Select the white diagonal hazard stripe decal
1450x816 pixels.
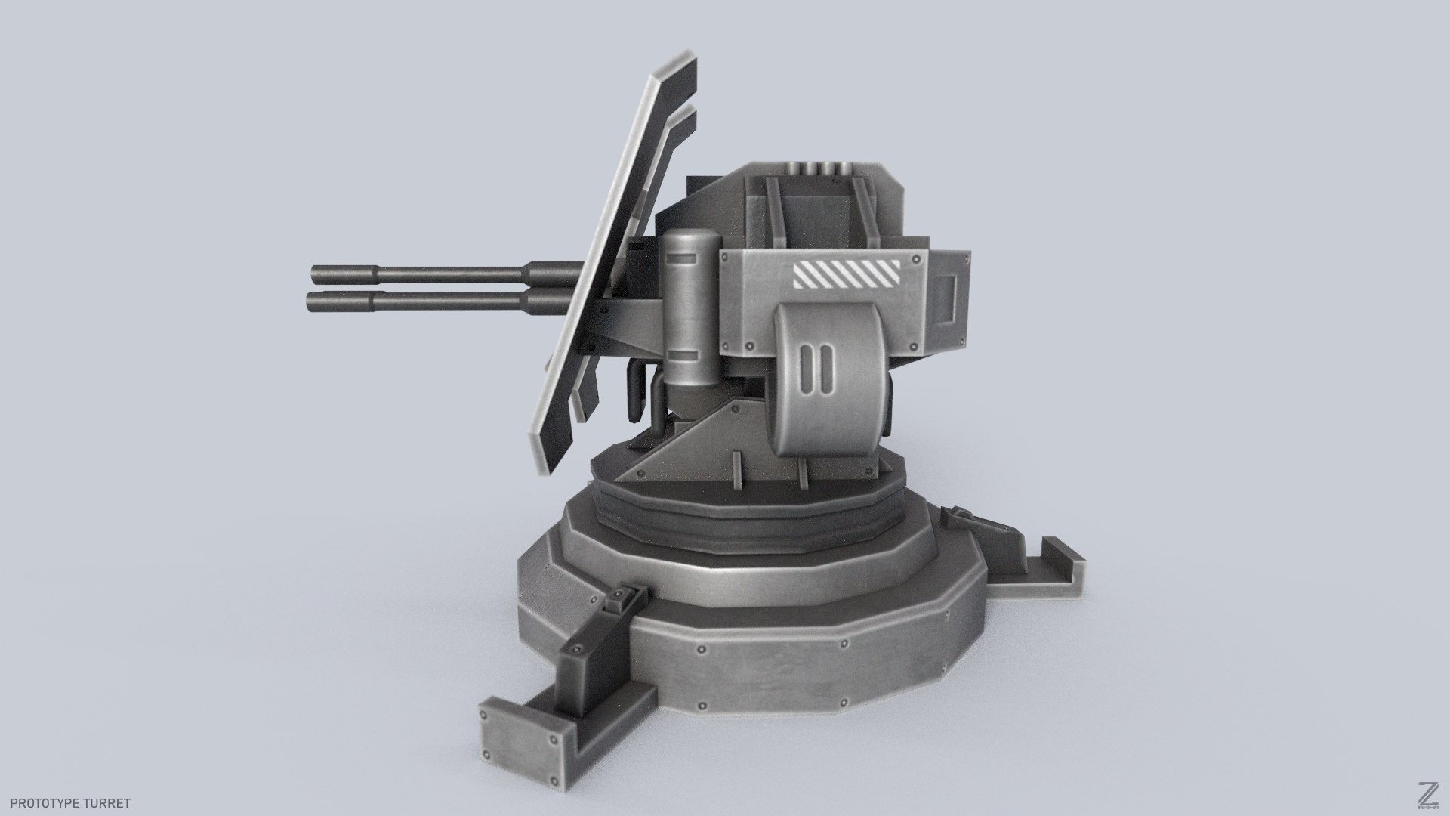845,275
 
